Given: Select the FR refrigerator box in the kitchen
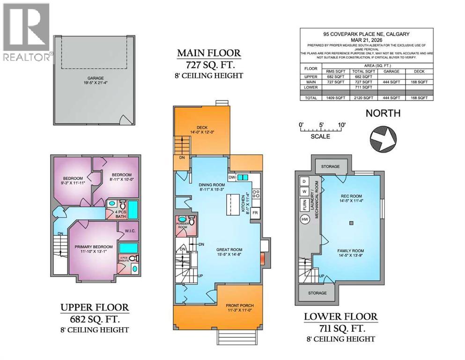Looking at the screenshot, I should (x=255, y=212).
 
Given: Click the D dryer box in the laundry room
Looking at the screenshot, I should (x=304, y=181).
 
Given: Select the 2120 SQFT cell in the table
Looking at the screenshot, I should (x=363, y=98).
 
